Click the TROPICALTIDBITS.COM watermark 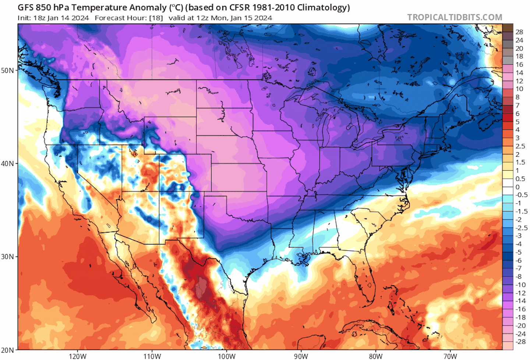click(x=454, y=17)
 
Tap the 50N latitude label click(x=7, y=70)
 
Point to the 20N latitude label click(x=7, y=350)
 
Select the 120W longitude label click(x=78, y=356)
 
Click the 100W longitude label click(x=226, y=356)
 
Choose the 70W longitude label click(x=450, y=356)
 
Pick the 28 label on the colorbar click(x=519, y=32)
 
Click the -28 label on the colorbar click(x=520, y=342)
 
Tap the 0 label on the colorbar click(x=517, y=187)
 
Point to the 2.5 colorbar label click(x=520, y=146)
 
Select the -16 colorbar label click(x=520, y=309)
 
